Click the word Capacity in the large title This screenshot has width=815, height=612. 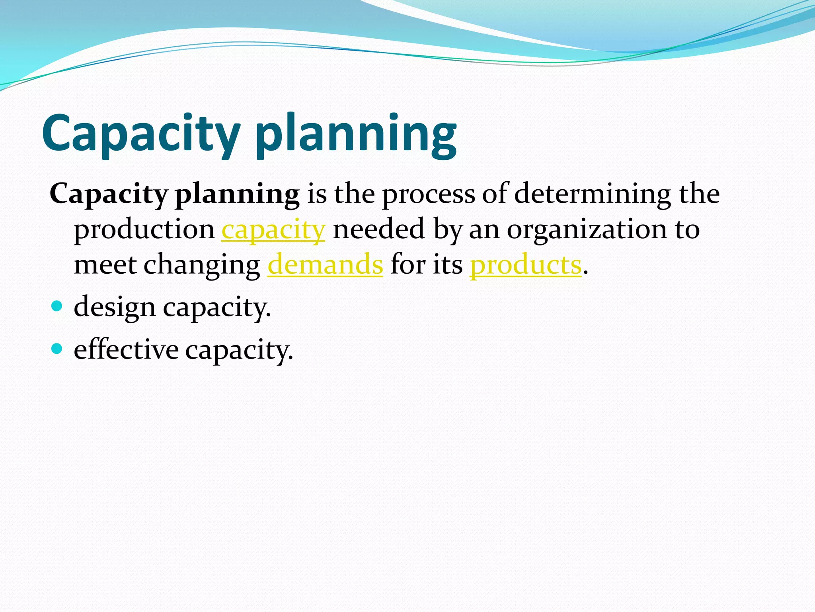(141, 133)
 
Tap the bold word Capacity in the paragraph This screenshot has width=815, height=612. (109, 194)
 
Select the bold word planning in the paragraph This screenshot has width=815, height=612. (237, 194)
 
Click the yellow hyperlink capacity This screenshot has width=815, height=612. (273, 230)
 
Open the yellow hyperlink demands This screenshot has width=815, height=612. (325, 265)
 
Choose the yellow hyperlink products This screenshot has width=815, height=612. (526, 265)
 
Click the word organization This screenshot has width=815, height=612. (587, 230)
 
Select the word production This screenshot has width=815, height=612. (144, 230)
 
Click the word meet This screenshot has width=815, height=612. (105, 265)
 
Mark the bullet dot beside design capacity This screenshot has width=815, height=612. (57, 306)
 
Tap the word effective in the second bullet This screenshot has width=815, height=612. (126, 350)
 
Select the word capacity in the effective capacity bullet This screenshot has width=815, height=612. (239, 351)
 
